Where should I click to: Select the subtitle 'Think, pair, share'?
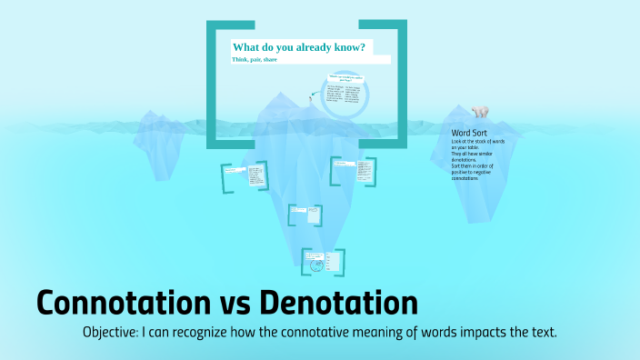point(255,59)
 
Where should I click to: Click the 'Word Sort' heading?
point(469,133)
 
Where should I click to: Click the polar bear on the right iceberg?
point(478,112)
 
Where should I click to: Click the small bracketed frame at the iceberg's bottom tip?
point(324,262)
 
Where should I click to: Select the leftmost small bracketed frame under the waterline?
point(245,176)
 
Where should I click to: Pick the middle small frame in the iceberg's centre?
point(304,215)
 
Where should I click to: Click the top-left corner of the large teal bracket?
point(211,24)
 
